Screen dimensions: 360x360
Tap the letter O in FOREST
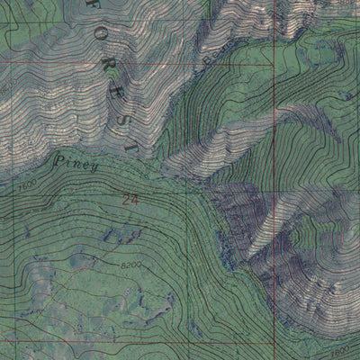point(96,39)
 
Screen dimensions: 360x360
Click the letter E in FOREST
point(115,93)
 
